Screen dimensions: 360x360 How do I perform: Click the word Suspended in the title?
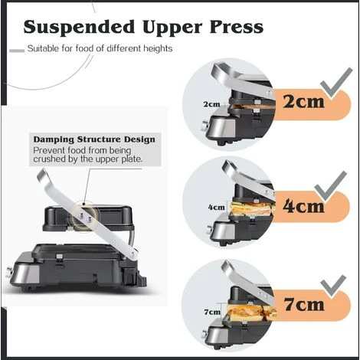pyautogui.click(x=79, y=28)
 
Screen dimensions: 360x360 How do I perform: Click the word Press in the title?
pyautogui.click(x=237, y=27)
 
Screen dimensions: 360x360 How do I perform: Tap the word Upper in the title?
pyautogui.click(x=172, y=28)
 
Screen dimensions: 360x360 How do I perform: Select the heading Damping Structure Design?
pyautogui.click(x=94, y=139)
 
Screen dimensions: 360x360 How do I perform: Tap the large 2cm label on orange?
pyautogui.click(x=303, y=101)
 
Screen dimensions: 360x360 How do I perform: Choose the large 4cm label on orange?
pyautogui.click(x=303, y=206)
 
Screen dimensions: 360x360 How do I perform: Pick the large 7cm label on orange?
pyautogui.click(x=304, y=304)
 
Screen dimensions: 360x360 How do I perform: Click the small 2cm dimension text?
pyautogui.click(x=211, y=104)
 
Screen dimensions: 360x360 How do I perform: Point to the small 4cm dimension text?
pyautogui.click(x=216, y=207)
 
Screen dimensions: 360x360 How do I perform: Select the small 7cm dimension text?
pyautogui.click(x=212, y=312)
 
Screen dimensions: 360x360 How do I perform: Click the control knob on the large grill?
pyautogui.click(x=9, y=272)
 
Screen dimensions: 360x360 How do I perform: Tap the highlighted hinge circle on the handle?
pyautogui.click(x=85, y=217)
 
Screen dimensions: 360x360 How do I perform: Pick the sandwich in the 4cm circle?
pyautogui.click(x=253, y=208)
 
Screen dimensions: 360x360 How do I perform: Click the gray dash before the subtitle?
pyautogui.click(x=17, y=51)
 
